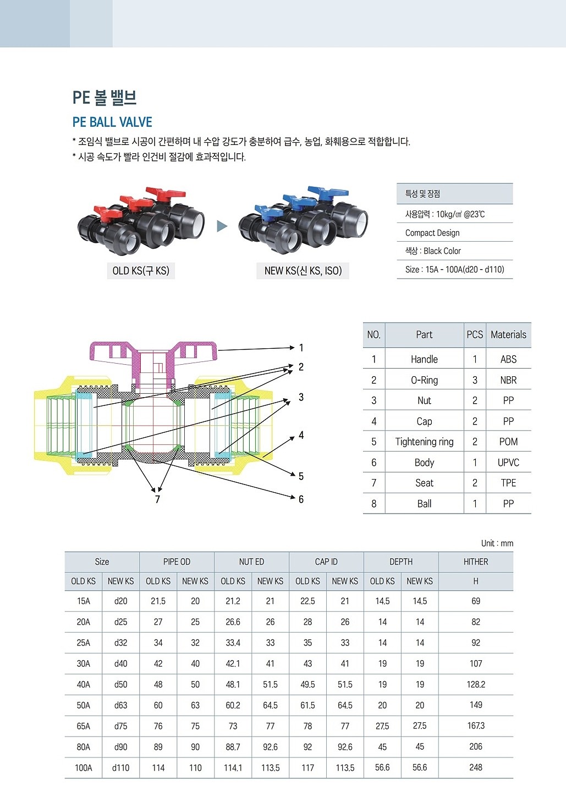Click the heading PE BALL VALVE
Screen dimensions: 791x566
tap(112, 122)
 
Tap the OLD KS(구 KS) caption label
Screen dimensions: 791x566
tap(141, 271)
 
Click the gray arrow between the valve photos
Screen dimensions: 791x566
tap(222, 226)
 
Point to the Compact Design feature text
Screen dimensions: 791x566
tap(432, 233)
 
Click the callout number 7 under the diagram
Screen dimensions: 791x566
tap(157, 499)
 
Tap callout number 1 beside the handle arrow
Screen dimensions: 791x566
tap(301, 348)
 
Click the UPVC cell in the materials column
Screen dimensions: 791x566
tap(508, 463)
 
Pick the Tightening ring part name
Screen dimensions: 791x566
tap(424, 442)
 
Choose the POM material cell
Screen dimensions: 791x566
tap(508, 442)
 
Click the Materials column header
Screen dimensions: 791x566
tap(508, 335)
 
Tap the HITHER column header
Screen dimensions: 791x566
tap(476, 562)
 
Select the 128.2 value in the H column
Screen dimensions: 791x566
tap(476, 684)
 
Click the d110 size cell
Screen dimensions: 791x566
tap(120, 768)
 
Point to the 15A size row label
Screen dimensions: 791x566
tap(84, 601)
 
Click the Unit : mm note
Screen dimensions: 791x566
tap(497, 543)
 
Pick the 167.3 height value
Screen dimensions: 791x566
tap(476, 726)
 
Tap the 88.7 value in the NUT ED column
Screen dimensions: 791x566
tap(233, 747)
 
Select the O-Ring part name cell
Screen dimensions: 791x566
tap(424, 380)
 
